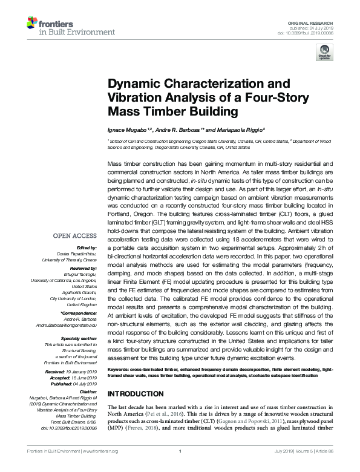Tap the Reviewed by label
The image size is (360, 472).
[x=84, y=267]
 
